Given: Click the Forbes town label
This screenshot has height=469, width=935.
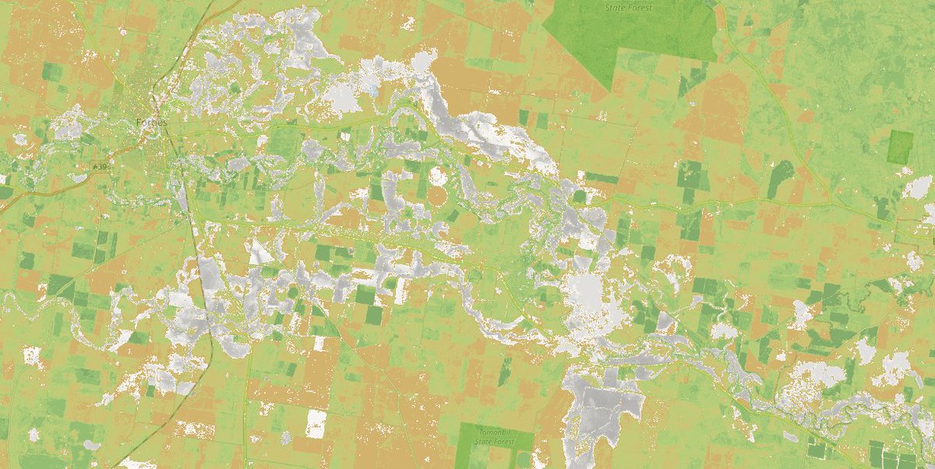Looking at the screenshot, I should (152, 122).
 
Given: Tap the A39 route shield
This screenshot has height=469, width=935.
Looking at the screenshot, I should (99, 167).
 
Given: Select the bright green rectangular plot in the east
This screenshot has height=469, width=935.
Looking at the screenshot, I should (900, 146).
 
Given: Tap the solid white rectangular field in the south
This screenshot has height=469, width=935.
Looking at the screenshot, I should (316, 423).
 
